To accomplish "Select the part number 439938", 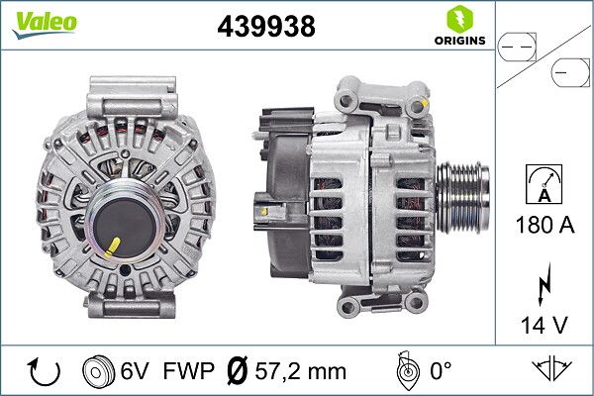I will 265,28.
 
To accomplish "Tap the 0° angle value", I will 440,371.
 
